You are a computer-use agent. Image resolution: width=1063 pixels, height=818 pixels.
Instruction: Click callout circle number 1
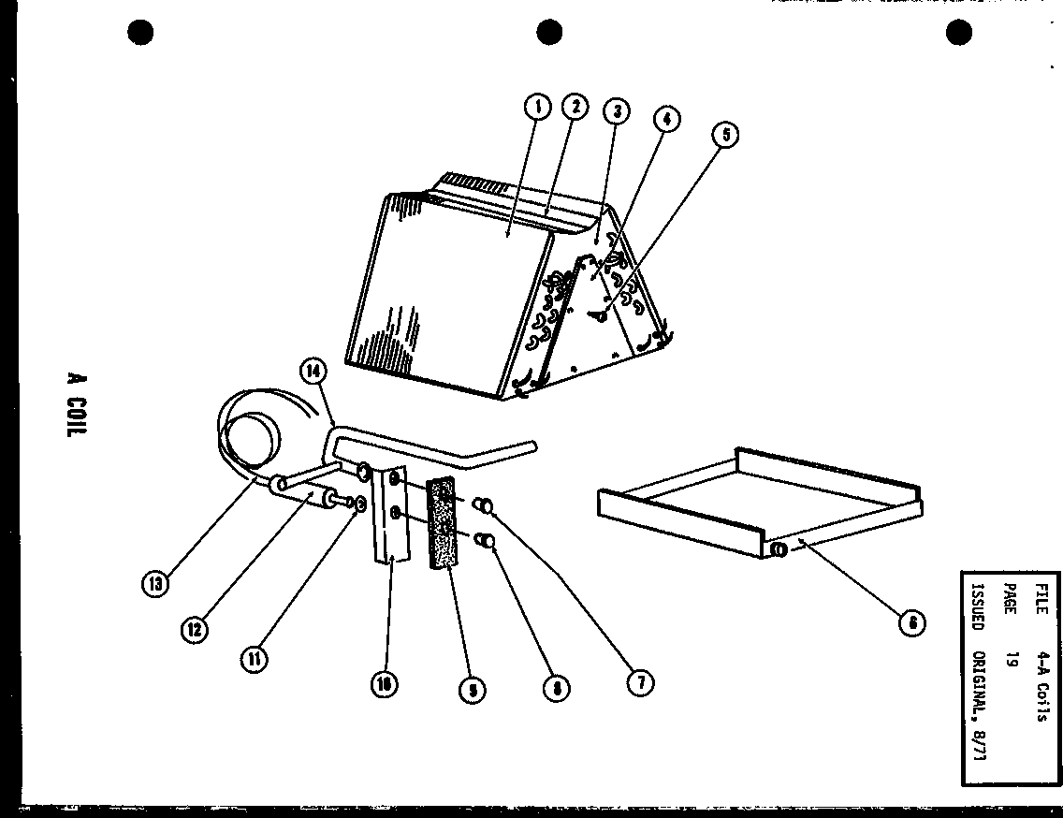537,109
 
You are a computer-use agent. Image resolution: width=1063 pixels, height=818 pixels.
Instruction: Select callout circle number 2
574,107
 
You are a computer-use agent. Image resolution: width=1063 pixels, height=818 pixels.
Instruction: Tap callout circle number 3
614,111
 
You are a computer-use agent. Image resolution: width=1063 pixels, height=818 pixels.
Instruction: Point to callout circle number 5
725,136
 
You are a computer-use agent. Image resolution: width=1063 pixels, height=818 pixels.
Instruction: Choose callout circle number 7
641,682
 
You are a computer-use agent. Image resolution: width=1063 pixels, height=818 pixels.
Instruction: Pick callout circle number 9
473,690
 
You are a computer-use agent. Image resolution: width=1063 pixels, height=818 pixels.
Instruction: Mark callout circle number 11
254,659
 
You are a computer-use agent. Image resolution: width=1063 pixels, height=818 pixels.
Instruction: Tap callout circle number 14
313,372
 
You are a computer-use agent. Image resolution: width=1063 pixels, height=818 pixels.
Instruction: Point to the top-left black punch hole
139,34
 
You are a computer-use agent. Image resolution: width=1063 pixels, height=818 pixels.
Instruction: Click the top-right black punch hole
958,33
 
